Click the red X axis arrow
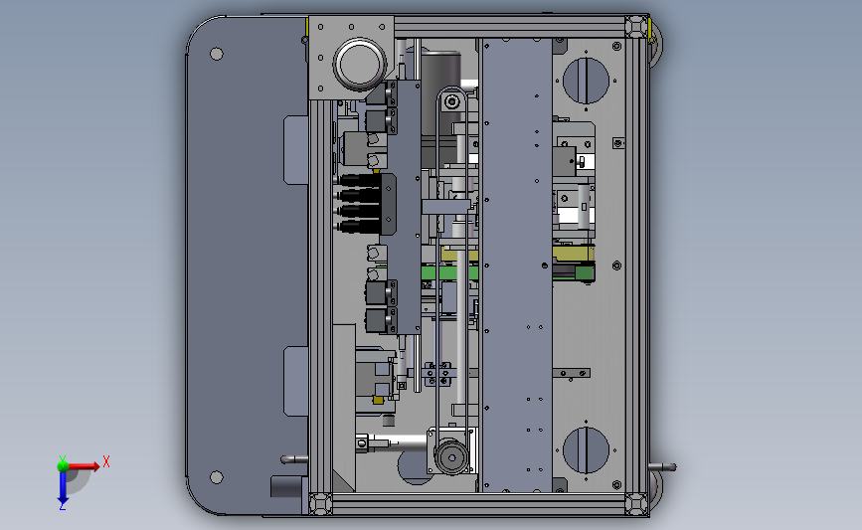click(x=86, y=465)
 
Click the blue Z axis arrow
click(x=62, y=487)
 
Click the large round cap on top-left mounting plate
click(x=359, y=62)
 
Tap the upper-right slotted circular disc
click(x=586, y=80)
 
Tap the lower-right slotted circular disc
click(x=586, y=450)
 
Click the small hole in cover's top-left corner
click(x=215, y=54)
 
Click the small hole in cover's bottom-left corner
click(x=215, y=478)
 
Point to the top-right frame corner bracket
click(x=633, y=28)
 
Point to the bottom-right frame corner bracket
click(x=633, y=503)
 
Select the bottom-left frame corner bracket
click(x=320, y=503)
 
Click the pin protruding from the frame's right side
click(x=663, y=466)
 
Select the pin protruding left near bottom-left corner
click(x=293, y=458)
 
